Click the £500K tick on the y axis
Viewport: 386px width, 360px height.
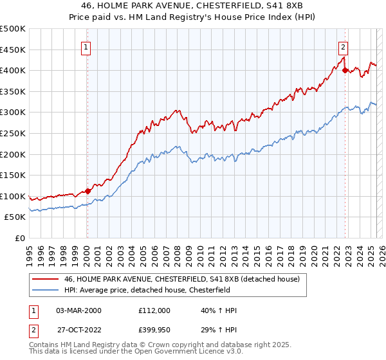[x=12, y=29]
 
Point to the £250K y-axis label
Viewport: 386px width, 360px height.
[x=12, y=133]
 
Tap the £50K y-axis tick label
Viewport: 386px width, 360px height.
[x=15, y=217]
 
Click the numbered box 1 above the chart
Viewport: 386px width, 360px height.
[x=86, y=46]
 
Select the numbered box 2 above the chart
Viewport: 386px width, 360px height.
[x=344, y=46]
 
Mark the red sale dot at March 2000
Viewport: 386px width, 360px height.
[x=88, y=191]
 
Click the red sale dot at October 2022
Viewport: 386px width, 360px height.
[x=345, y=71]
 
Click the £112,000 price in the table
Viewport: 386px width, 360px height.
[x=154, y=310]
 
